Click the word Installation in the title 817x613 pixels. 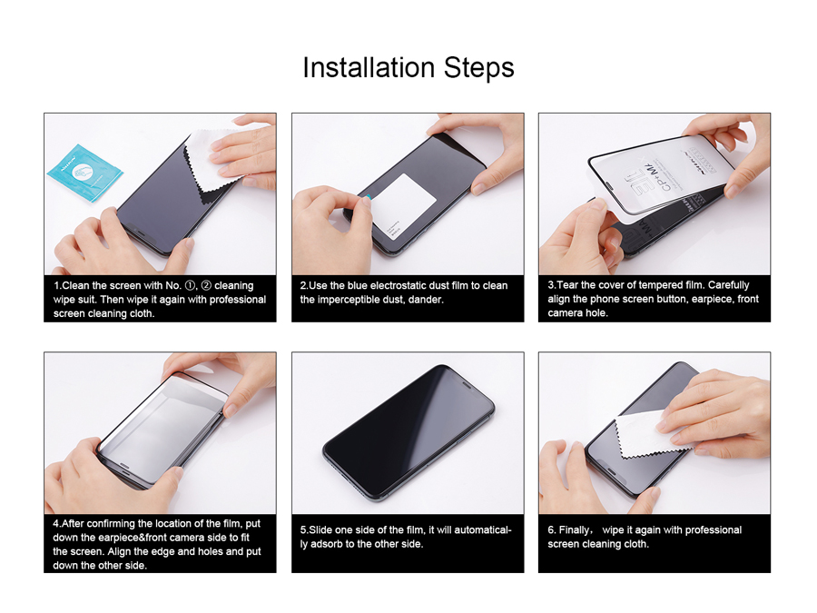[x=369, y=68]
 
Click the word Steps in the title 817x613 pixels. [x=478, y=68]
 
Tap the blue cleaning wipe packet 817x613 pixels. [x=85, y=173]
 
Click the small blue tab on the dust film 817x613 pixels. [x=368, y=197]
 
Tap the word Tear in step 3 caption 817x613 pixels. [x=567, y=285]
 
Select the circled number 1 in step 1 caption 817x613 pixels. [x=191, y=286]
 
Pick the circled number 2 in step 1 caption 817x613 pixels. [x=206, y=286]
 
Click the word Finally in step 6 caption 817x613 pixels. [x=576, y=530]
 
